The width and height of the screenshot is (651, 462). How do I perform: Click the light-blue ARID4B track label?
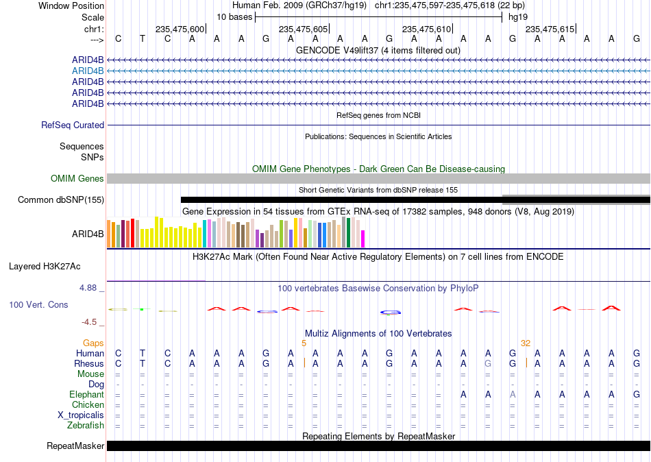(88, 71)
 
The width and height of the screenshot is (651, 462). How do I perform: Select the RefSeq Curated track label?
(73, 125)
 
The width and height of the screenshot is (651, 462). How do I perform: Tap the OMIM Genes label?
(77, 179)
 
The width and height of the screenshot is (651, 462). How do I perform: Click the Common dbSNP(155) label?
(61, 200)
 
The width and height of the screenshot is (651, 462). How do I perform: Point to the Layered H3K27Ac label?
(45, 267)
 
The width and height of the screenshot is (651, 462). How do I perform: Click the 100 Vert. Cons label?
(38, 304)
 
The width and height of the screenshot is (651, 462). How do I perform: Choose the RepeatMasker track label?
(75, 446)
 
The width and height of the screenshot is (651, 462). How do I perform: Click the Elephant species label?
(87, 394)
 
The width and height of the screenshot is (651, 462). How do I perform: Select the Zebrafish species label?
(86, 425)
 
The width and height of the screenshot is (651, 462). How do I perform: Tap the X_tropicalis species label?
(81, 415)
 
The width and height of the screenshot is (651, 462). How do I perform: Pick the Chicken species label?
(88, 404)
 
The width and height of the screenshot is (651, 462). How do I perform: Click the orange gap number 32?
(526, 343)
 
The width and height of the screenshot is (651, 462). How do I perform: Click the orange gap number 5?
(304, 343)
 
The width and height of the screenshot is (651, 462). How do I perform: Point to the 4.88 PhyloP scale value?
(88, 288)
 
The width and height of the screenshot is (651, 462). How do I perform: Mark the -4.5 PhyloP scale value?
(89, 322)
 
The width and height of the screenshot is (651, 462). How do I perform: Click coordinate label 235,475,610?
(426, 29)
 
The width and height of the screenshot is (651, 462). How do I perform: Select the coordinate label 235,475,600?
(180, 29)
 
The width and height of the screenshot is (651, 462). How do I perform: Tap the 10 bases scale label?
(234, 17)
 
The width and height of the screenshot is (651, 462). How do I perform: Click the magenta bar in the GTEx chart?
(363, 239)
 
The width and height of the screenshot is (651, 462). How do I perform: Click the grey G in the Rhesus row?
(488, 363)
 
